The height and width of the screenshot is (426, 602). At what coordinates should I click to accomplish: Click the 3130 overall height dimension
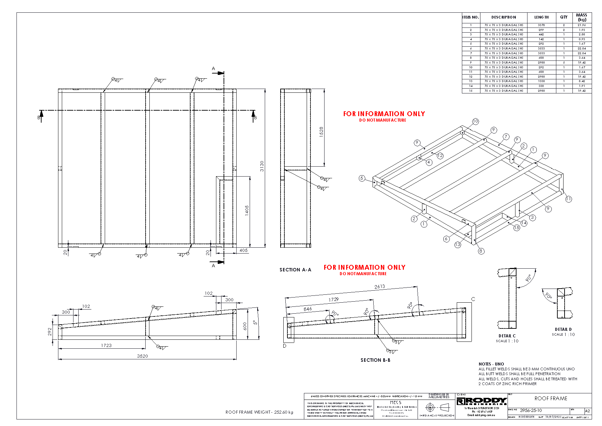click(x=262, y=166)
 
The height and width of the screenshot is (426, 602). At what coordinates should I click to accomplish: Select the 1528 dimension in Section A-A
click(x=321, y=132)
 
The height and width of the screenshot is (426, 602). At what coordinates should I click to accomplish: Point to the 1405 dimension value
click(x=247, y=210)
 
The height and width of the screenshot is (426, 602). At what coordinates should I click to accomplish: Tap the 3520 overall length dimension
click(x=143, y=356)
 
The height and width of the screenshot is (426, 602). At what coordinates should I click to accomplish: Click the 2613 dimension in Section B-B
click(x=379, y=287)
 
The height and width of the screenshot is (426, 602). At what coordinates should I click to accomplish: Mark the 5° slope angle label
click(x=255, y=323)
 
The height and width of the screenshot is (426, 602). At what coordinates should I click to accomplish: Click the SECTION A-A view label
click(x=295, y=270)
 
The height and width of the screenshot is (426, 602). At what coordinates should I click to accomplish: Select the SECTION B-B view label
click(x=375, y=360)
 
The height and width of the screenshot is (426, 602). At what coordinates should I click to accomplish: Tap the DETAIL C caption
click(x=507, y=336)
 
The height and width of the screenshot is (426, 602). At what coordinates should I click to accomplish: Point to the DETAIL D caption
click(x=563, y=329)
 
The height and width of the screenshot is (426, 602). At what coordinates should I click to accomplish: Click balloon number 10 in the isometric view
click(x=475, y=121)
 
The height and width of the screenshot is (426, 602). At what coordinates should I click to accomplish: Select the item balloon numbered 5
click(x=362, y=178)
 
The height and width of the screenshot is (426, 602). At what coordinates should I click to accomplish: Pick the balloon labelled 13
click(x=457, y=245)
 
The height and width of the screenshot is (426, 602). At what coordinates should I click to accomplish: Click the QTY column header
click(x=564, y=17)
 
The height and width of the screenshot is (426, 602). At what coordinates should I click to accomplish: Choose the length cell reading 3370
click(x=541, y=25)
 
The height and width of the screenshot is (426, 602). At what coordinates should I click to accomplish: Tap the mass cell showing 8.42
click(x=582, y=81)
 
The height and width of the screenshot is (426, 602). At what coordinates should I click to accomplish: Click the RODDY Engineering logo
click(x=481, y=401)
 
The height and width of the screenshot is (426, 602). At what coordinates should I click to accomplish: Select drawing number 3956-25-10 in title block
click(x=531, y=411)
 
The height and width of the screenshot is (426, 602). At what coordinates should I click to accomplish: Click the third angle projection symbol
click(x=436, y=407)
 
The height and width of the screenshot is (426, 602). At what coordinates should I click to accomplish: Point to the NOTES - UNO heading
click(x=491, y=364)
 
